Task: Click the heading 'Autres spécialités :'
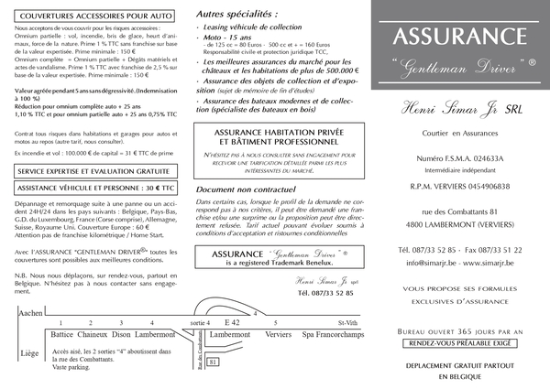(237, 15)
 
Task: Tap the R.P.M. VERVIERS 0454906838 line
(461, 186)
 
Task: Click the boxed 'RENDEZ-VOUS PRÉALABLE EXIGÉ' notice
(461, 342)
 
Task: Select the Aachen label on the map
(30, 313)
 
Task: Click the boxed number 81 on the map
(213, 362)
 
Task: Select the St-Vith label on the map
(348, 322)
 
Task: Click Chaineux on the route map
(94, 335)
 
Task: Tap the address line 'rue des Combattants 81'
(461, 213)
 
